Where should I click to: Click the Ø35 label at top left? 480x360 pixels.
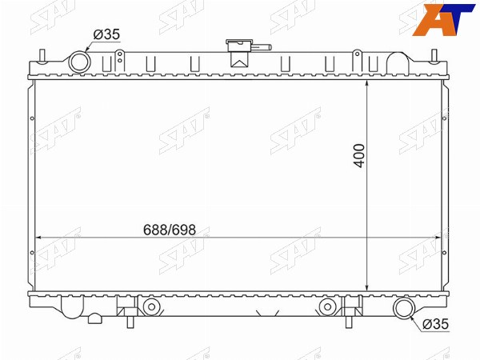106,34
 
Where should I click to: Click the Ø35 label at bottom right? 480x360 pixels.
435,324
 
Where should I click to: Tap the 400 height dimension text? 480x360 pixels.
359,156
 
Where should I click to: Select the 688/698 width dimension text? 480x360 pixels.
170,230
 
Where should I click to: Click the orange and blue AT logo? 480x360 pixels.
442,19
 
